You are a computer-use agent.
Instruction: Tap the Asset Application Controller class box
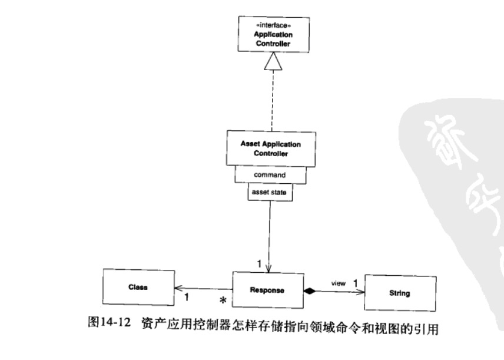pyautogui.click(x=270, y=148)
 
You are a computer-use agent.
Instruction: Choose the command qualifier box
pyautogui.click(x=270, y=175)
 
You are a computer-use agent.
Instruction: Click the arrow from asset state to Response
pyautogui.click(x=269, y=236)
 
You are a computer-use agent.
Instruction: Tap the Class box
pyautogui.click(x=137, y=287)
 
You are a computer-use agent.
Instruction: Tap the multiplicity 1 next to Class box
pyautogui.click(x=187, y=299)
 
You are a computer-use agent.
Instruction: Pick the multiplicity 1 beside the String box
pyautogui.click(x=356, y=282)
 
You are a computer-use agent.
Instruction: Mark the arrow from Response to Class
pyautogui.click(x=203, y=289)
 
